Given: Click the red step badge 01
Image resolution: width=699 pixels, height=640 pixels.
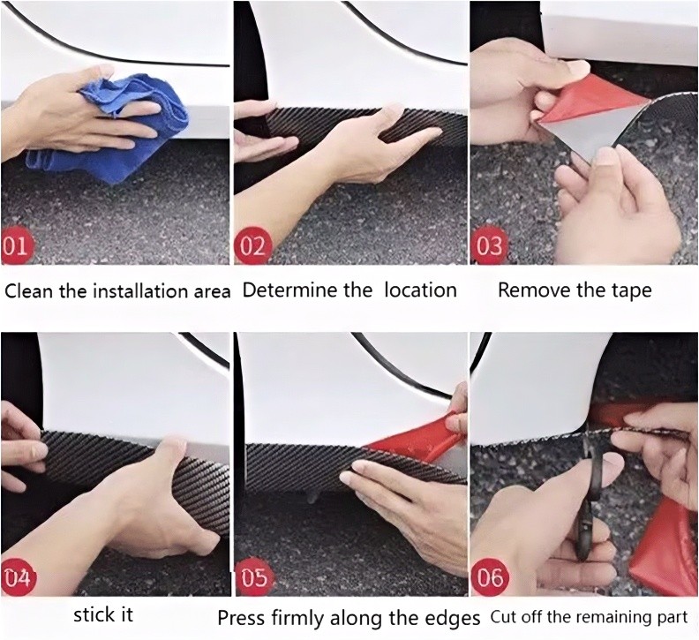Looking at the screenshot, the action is [x=14, y=246].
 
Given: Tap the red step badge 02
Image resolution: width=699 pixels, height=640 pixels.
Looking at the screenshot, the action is [x=252, y=246].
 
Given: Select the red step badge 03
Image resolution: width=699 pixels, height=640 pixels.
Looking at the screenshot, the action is [x=489, y=246].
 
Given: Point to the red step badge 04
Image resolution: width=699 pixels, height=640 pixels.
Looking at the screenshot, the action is [x=18, y=578].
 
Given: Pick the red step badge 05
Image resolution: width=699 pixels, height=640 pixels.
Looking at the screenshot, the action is [x=254, y=578].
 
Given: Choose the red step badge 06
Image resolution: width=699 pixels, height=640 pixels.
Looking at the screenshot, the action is [x=490, y=577].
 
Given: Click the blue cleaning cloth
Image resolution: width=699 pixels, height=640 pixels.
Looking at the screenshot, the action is [x=111, y=130].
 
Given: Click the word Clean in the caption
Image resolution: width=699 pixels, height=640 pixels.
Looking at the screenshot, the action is [x=29, y=291].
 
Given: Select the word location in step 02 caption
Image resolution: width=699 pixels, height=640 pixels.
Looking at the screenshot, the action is [x=420, y=290].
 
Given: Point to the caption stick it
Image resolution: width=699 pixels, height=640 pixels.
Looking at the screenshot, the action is [x=103, y=615].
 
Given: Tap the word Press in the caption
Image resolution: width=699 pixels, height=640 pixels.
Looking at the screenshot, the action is [x=241, y=618].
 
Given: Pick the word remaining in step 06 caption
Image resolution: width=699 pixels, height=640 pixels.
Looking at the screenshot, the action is [x=614, y=618].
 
